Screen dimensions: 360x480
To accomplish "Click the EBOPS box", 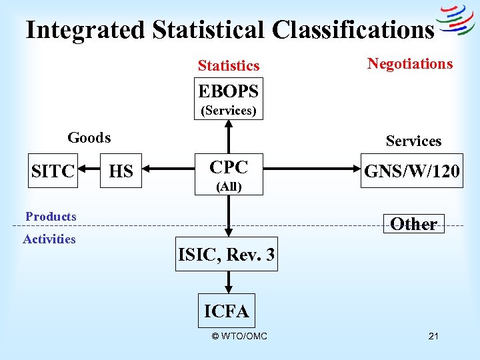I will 228,99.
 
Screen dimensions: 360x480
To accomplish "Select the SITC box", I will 53,171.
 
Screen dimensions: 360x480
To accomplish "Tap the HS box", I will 121,171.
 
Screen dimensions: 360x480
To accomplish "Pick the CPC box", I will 229,175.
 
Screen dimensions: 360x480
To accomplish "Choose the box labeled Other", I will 413,224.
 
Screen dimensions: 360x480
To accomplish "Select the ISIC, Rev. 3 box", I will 227,254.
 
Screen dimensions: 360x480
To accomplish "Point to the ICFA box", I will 227,311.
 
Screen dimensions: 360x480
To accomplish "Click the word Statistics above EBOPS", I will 228,65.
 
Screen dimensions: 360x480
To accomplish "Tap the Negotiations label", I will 410,63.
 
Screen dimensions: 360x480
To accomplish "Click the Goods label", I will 89,138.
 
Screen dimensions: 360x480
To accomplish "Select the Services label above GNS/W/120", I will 413,141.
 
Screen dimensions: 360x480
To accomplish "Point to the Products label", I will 51,216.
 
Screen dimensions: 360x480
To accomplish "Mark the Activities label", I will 49,239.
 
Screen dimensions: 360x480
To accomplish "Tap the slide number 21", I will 433,336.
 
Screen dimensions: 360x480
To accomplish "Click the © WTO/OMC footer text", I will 239,336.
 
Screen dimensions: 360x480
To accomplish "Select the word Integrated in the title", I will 85,29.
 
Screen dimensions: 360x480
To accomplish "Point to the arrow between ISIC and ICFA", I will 228,283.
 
